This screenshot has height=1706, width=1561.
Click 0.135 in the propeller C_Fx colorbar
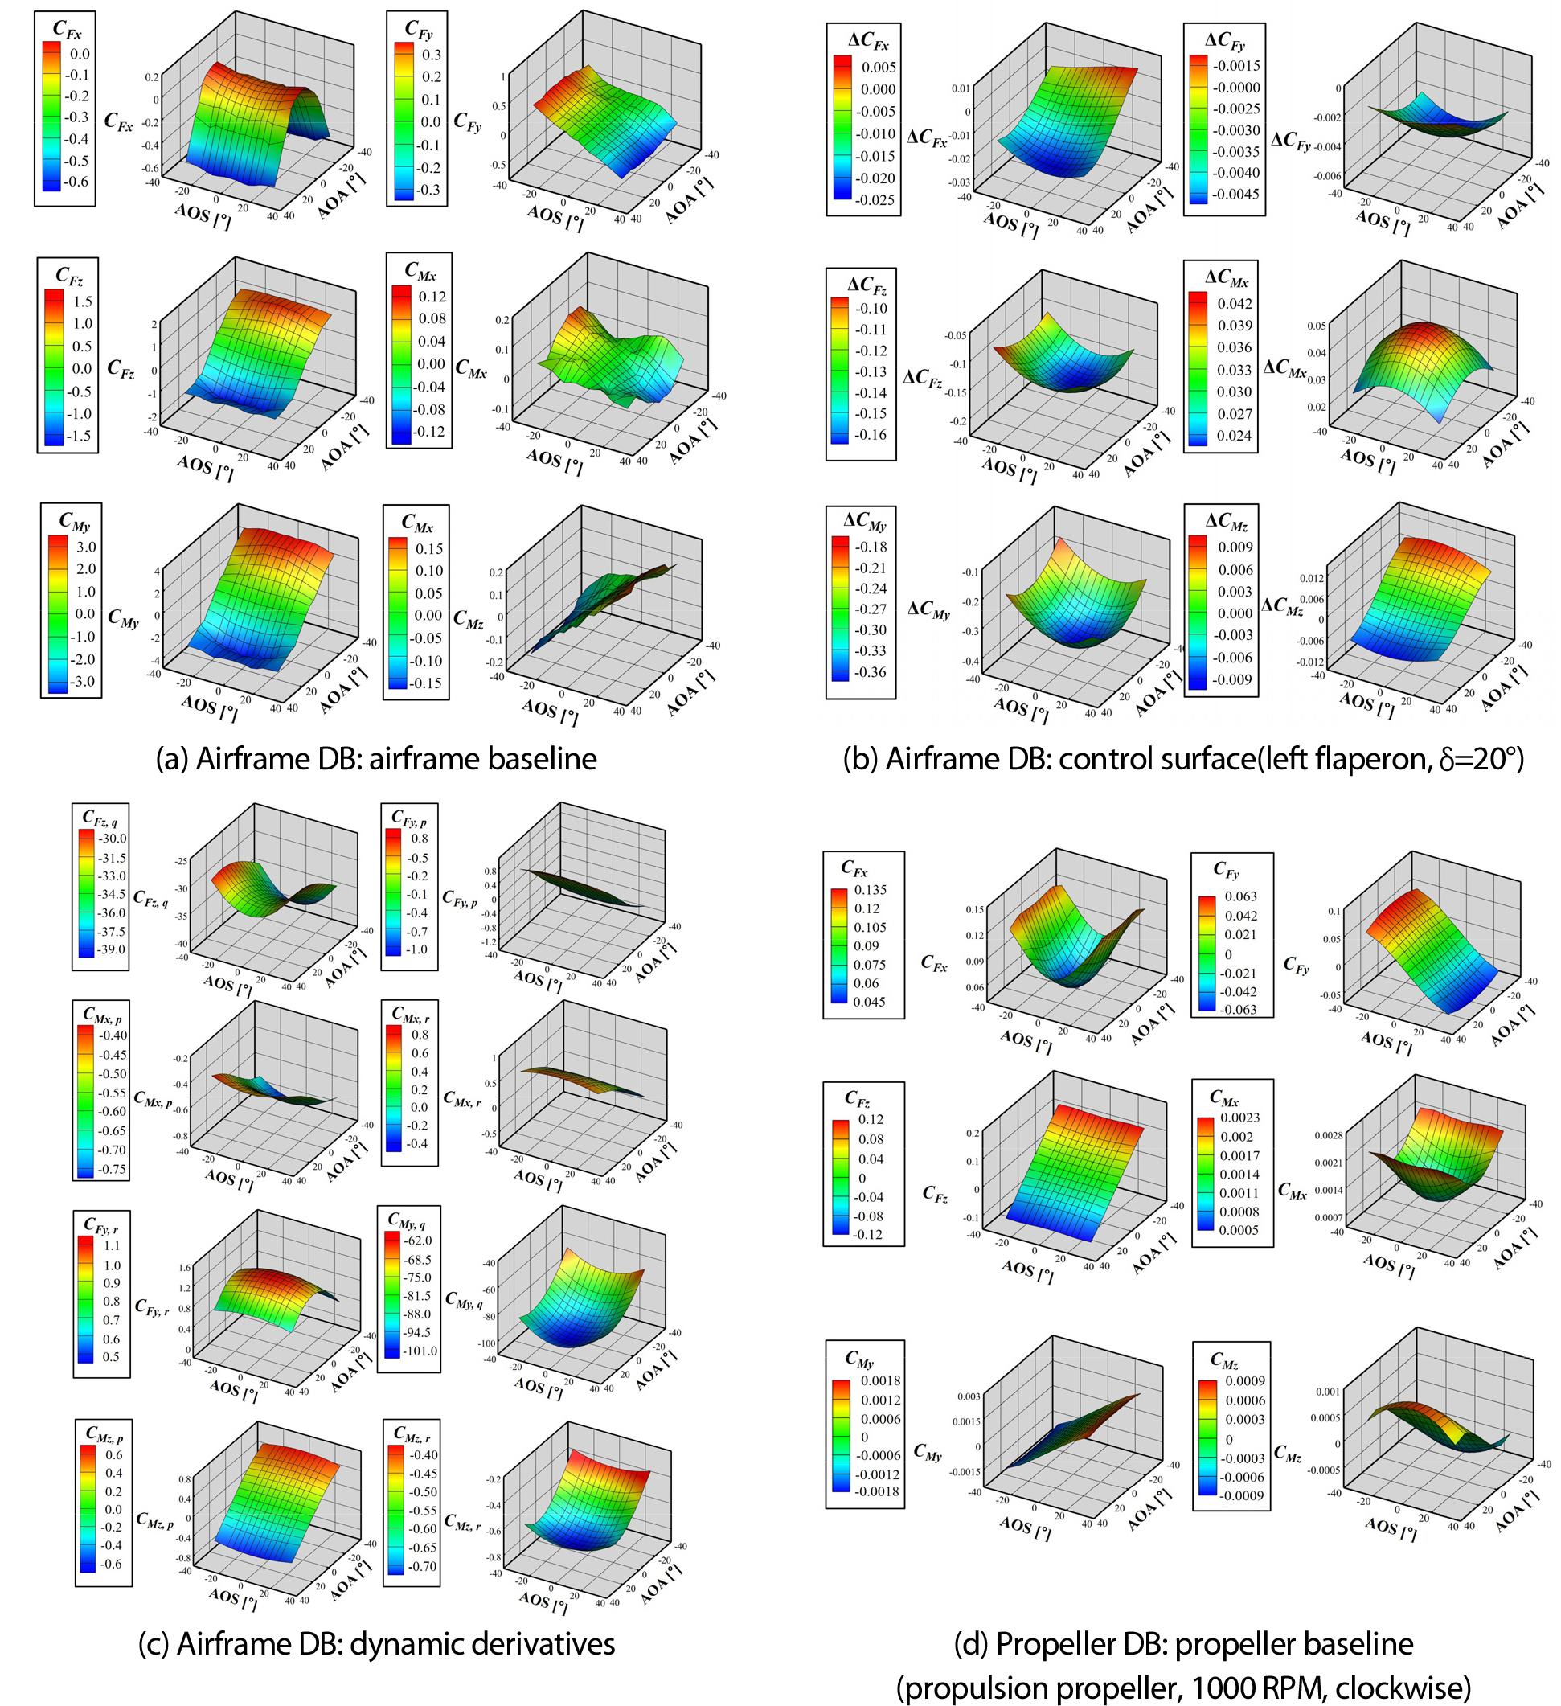coord(871,890)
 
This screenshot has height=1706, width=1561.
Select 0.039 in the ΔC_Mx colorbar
coord(1235,326)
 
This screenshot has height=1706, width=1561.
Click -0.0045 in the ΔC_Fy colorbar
coord(1235,194)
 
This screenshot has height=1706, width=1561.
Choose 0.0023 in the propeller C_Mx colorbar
coord(1240,1117)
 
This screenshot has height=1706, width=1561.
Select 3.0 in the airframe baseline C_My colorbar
coord(86,547)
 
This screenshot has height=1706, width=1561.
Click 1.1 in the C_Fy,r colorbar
coord(112,1245)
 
